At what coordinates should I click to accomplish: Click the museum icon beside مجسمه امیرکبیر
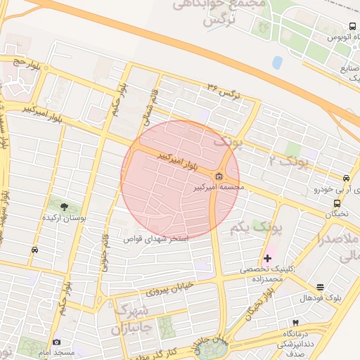pos(219,176)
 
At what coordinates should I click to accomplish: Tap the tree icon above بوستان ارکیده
pos(65,207)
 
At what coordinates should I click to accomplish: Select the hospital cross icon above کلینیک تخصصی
pos(267,258)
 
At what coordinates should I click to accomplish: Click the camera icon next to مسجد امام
pos(56,342)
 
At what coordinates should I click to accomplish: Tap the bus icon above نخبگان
pos(337,204)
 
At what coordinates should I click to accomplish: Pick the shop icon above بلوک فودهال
pos(321,287)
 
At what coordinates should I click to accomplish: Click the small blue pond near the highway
pos(278,63)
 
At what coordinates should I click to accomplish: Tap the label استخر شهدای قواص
pos(156,239)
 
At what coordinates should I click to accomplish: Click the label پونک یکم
pos(276,229)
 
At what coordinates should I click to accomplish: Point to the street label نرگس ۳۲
pos(224,90)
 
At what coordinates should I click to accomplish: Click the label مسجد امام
pos(75,352)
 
